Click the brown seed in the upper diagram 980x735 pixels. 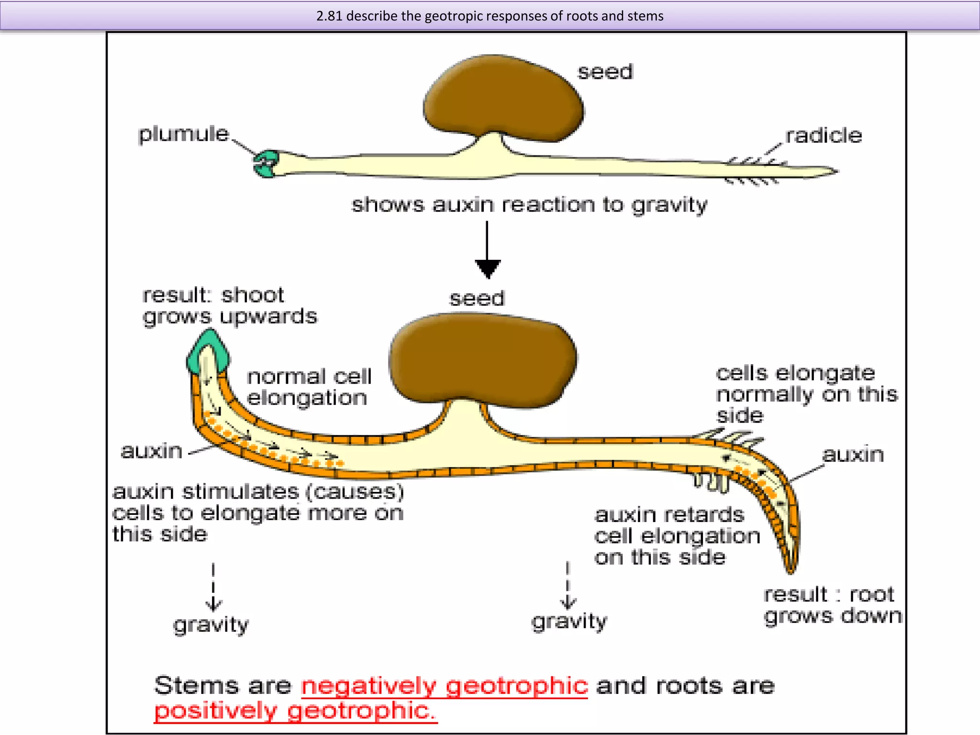point(502,98)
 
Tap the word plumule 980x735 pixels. point(184,134)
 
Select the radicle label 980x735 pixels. point(824,136)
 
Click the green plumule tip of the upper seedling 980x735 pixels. point(266,164)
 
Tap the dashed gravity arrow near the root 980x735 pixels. point(568,586)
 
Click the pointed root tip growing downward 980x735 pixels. point(790,565)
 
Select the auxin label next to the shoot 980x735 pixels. point(152,451)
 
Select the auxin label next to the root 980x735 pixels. point(853,454)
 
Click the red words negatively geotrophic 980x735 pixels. point(444,686)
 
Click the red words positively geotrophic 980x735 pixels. point(295,710)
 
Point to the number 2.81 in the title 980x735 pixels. point(329,16)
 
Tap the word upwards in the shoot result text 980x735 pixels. point(268,317)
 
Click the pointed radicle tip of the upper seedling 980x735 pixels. point(833,171)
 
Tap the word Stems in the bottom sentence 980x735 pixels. point(196,686)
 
